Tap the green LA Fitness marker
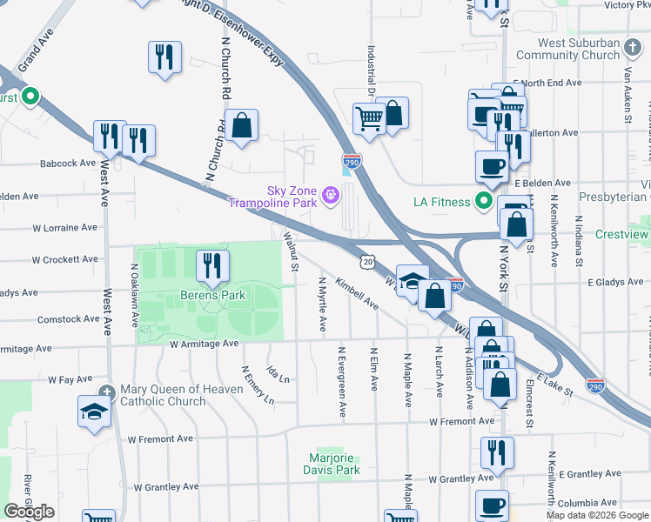tap(485, 203)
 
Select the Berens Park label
tap(213, 295)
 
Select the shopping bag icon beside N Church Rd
tap(241, 124)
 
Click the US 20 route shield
tap(368, 261)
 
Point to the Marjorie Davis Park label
tap(335, 464)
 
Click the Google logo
tap(30, 511)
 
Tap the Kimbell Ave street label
tap(357, 295)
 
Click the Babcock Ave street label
tap(66, 163)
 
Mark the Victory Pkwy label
tap(626, 5)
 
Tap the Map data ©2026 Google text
tap(596, 515)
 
